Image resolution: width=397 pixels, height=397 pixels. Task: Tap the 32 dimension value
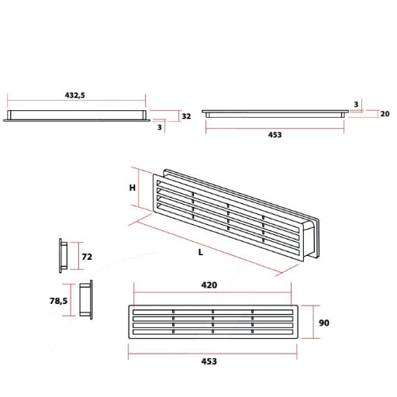(185, 116)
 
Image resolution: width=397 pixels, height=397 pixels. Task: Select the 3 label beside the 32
(161, 128)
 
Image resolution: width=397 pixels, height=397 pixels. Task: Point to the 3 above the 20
(355, 104)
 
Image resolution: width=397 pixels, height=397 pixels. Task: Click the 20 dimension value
(384, 113)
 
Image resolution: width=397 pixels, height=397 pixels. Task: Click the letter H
(133, 188)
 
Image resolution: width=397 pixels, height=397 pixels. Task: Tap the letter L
(200, 252)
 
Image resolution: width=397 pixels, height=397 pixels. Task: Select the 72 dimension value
(87, 256)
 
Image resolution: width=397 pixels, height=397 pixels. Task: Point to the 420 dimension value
(209, 285)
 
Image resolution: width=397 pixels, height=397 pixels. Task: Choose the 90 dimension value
(324, 323)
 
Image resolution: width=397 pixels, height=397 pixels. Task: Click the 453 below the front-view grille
(209, 361)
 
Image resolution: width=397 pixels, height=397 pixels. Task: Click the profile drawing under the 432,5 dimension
(75, 116)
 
